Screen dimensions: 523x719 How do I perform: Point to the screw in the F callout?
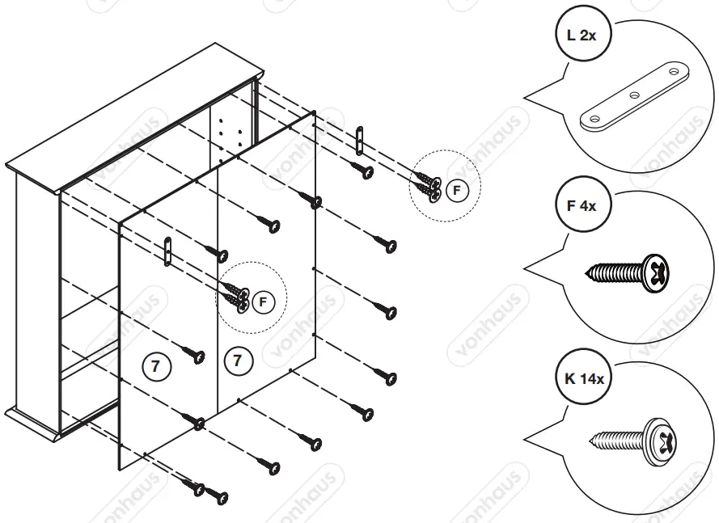click(636, 271)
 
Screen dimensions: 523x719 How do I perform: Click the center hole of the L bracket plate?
click(634, 95)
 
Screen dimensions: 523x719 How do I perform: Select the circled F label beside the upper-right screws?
click(456, 191)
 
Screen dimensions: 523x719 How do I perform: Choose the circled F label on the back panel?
click(261, 302)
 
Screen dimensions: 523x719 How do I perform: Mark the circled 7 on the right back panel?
click(237, 361)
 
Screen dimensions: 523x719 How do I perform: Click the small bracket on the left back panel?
click(167, 251)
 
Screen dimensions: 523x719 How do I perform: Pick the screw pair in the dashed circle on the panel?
click(236, 296)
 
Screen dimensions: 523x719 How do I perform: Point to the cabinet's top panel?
click(133, 117)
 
